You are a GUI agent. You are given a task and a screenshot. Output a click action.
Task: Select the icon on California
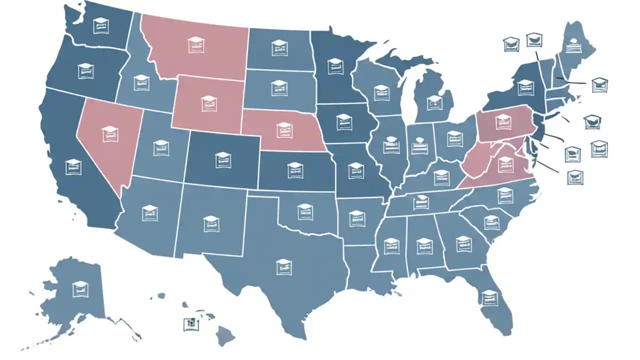(x=73, y=167)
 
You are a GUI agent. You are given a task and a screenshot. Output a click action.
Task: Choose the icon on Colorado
(x=223, y=159)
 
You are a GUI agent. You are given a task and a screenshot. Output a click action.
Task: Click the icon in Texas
(x=283, y=266)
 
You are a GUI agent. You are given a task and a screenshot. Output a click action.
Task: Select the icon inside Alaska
(x=80, y=288)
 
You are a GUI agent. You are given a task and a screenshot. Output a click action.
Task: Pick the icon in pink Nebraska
(x=283, y=129)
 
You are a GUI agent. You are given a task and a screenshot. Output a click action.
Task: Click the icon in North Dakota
(x=279, y=48)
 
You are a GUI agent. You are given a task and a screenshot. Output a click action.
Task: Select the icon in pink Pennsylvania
(x=501, y=120)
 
